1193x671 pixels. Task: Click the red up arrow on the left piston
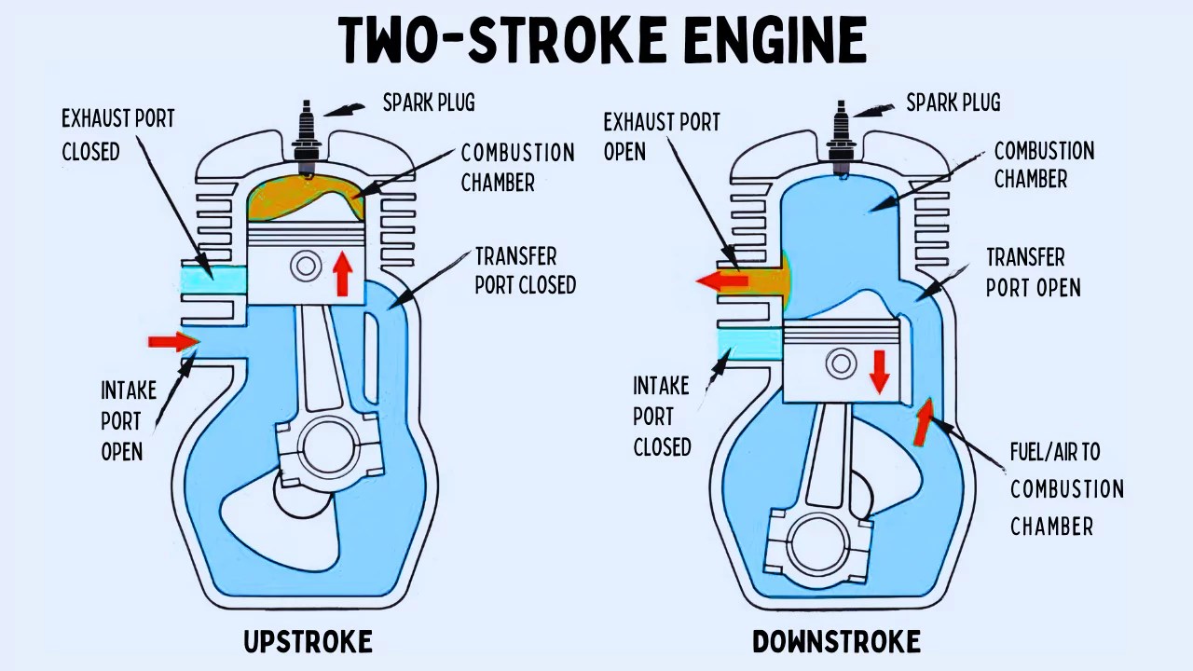pyautogui.click(x=343, y=272)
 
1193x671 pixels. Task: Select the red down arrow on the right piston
pyautogui.click(x=878, y=370)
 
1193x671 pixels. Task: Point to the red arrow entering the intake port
pyautogui.click(x=173, y=342)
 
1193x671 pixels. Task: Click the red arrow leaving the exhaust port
pyautogui.click(x=722, y=281)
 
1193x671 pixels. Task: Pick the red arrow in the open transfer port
pyautogui.click(x=923, y=422)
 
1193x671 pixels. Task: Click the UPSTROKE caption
pyautogui.click(x=308, y=642)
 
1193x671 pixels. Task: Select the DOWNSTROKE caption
pyautogui.click(x=836, y=642)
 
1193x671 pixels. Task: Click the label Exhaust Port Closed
pyautogui.click(x=117, y=135)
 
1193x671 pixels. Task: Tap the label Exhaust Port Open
pyautogui.click(x=661, y=137)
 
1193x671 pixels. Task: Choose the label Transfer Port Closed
pyautogui.click(x=525, y=270)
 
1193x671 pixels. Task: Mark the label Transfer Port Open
pyautogui.click(x=1033, y=272)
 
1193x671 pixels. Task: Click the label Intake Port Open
pyautogui.click(x=127, y=420)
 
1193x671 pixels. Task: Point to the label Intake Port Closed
pyautogui.click(x=662, y=416)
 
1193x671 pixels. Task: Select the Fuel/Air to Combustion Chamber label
pyautogui.click(x=1066, y=489)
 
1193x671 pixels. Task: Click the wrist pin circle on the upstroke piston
pyautogui.click(x=306, y=267)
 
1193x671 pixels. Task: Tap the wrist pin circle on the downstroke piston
pyautogui.click(x=842, y=363)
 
